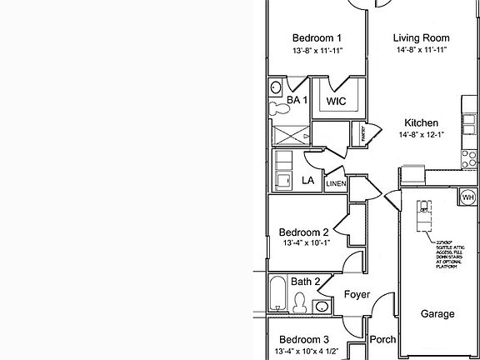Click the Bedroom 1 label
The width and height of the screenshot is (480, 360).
(x=317, y=38)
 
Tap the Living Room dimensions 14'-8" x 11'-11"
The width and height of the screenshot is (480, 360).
(x=422, y=51)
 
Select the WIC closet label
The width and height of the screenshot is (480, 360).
(x=336, y=101)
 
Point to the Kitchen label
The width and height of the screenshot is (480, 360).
(x=421, y=122)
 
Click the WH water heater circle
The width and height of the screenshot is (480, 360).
(x=467, y=197)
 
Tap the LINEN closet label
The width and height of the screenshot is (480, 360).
(x=335, y=184)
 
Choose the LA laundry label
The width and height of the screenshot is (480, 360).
(x=307, y=180)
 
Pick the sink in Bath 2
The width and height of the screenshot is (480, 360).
(x=322, y=307)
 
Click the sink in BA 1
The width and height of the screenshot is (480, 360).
(x=276, y=87)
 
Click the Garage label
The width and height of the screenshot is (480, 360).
(x=437, y=314)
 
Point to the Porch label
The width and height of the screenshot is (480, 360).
(x=382, y=340)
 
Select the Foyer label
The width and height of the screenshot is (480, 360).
(x=356, y=293)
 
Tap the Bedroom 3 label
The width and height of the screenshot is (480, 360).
(x=303, y=339)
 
